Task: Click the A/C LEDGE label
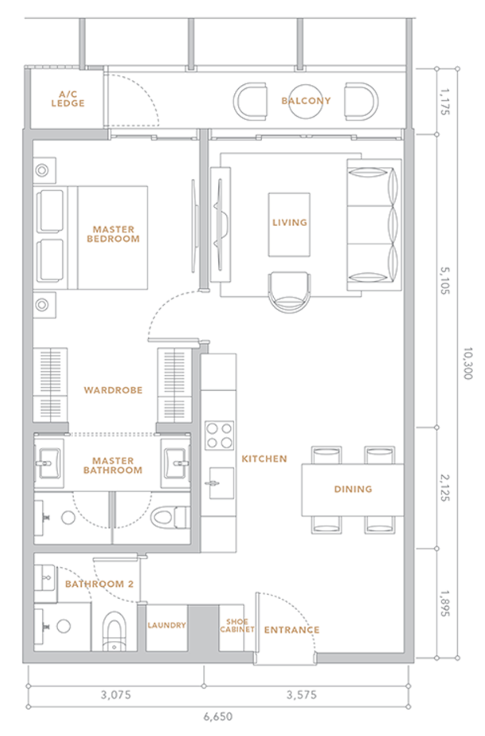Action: point(68,99)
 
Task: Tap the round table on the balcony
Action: point(306,102)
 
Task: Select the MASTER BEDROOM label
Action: point(114,234)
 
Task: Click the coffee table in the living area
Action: point(289,224)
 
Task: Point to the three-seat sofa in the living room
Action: point(374,224)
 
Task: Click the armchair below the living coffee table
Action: point(289,292)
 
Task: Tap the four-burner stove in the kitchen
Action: point(219,435)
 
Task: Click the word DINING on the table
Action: point(353,489)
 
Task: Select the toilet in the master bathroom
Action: point(170,518)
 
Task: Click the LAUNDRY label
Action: point(167,625)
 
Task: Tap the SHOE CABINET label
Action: point(237,625)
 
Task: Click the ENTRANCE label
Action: point(292,630)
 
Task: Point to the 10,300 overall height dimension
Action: point(468,363)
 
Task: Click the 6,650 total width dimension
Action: point(218,717)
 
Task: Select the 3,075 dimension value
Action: point(116,695)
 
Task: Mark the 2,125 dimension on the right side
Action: point(445,488)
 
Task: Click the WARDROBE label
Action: point(114,390)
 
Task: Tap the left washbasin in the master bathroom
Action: point(48,463)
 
